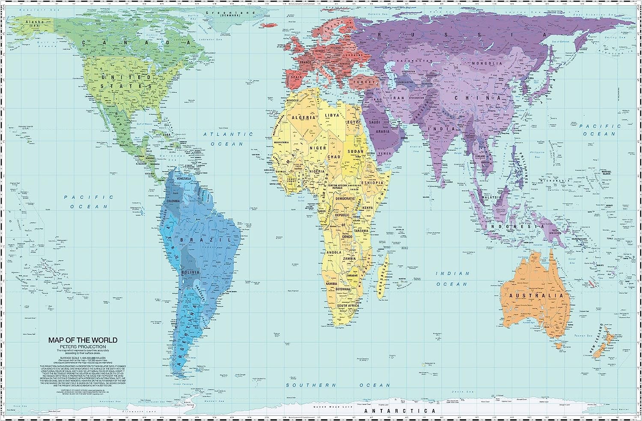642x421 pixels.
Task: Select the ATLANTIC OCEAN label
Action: [228, 139]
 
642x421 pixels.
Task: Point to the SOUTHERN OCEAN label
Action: [338, 385]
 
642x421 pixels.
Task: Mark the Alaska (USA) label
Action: [32, 24]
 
